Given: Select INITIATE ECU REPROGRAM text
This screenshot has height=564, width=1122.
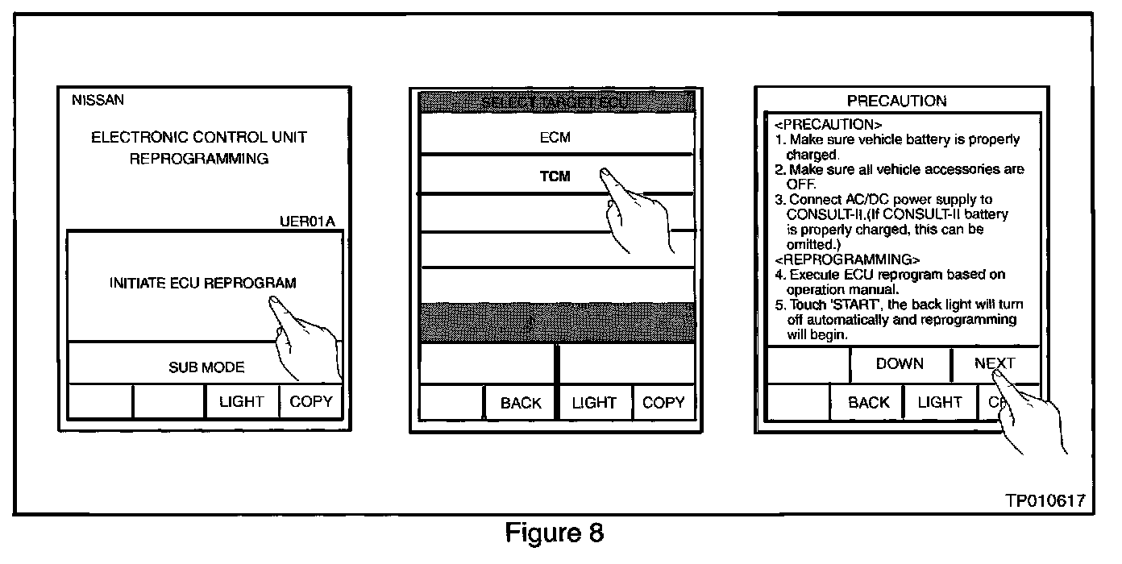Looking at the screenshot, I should click(202, 283).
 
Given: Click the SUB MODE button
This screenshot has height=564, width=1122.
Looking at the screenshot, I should click(206, 367).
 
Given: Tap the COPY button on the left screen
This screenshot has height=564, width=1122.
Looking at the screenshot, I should click(310, 401).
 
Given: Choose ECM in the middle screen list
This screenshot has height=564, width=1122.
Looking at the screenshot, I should click(555, 138).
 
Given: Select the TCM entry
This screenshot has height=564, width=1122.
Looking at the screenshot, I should click(555, 177).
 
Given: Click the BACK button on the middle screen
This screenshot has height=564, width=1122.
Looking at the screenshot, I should click(521, 403).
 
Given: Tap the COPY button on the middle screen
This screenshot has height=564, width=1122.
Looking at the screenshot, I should click(663, 402).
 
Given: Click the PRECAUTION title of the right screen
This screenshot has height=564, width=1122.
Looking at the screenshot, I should click(897, 101).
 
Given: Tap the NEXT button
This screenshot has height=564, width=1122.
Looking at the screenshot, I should click(995, 363).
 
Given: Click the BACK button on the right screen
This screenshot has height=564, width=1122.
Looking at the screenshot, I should click(868, 402).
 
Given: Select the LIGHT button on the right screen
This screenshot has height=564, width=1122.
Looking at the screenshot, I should click(940, 402).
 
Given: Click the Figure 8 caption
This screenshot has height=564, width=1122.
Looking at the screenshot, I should click(555, 533).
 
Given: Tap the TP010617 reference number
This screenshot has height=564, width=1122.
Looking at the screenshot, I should click(1044, 501).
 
